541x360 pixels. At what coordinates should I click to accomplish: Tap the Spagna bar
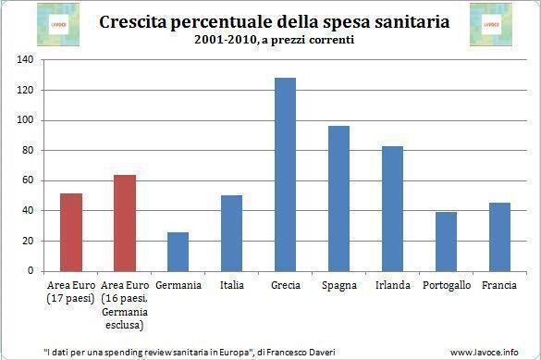338,198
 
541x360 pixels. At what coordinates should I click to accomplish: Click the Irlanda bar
392,208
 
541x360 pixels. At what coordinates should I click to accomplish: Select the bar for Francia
499,236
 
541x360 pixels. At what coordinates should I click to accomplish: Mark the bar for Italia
231,232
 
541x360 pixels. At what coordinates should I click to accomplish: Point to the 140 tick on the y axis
25,60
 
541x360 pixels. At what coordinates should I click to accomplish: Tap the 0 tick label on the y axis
31,271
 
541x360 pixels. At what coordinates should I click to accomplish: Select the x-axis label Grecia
285,285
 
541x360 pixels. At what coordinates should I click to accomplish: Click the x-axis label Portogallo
446,285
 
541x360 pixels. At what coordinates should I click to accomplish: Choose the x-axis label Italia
231,285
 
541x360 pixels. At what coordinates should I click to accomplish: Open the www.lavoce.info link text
490,352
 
